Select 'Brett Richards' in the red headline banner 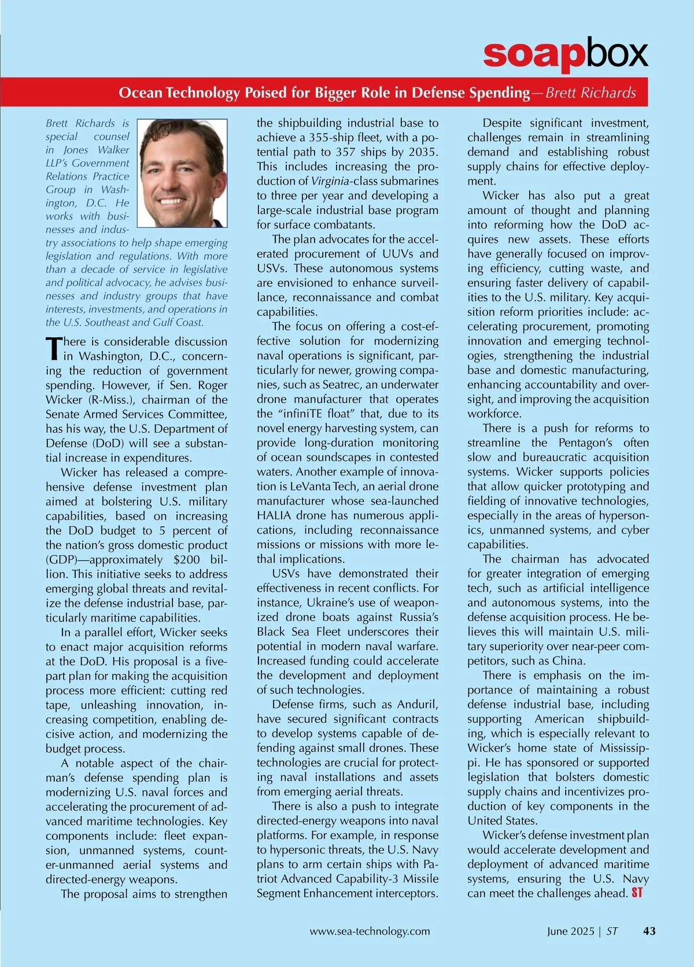point(590,93)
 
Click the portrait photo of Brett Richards point(182,173)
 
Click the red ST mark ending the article point(637,893)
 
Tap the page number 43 point(649,931)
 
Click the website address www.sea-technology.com point(370,931)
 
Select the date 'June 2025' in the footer point(570,931)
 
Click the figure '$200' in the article point(186,560)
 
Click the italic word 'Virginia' point(330,181)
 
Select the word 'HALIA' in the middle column point(274,515)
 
